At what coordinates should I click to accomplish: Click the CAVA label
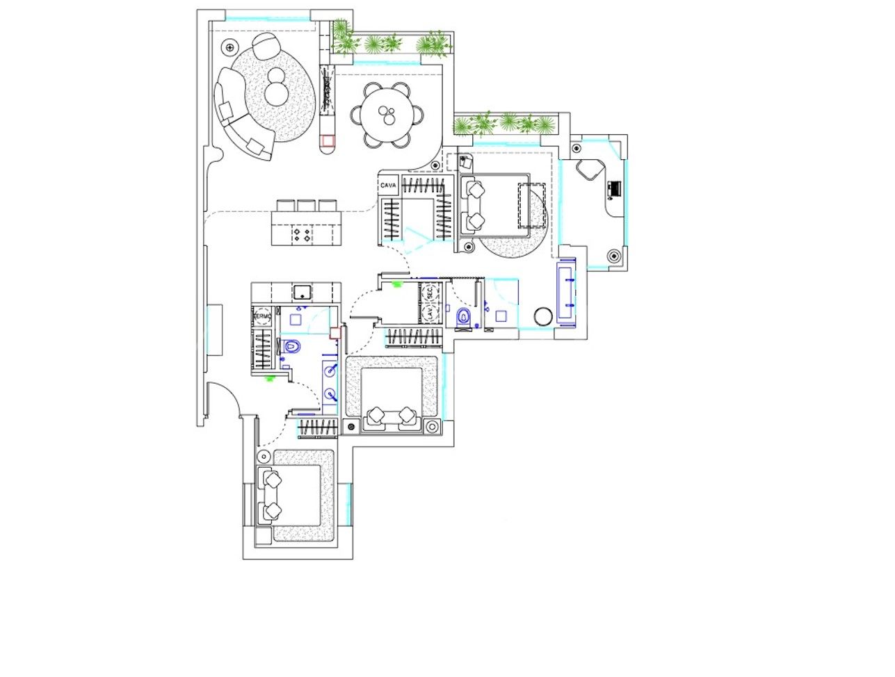click(389, 185)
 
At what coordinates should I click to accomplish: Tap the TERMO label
click(262, 316)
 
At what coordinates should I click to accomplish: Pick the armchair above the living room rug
click(266, 47)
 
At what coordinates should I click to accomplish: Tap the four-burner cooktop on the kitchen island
click(303, 234)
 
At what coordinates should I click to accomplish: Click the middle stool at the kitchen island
click(307, 206)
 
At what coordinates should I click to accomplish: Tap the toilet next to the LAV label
click(464, 318)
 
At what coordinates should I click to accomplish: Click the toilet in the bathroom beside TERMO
click(291, 345)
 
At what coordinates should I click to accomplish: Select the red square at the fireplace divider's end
click(328, 141)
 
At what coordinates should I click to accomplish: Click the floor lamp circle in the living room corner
click(228, 48)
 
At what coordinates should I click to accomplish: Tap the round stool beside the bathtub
click(542, 316)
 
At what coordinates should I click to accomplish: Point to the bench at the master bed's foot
click(532, 205)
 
